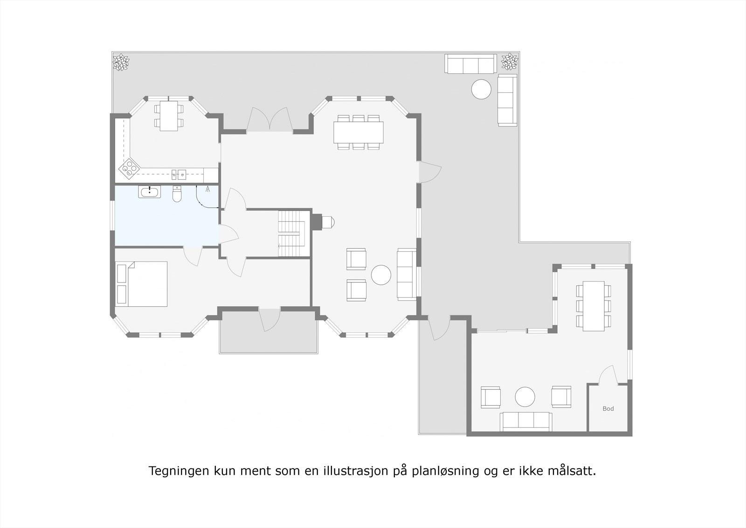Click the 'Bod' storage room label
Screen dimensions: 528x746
click(x=608, y=408)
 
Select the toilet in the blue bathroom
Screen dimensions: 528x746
click(x=177, y=195)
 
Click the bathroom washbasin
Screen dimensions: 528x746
click(x=149, y=191)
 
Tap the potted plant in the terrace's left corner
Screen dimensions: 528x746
click(x=121, y=62)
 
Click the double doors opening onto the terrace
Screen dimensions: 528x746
click(x=269, y=120)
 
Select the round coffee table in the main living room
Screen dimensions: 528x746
click(x=381, y=275)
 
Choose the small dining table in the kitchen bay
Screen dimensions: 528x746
click(x=168, y=116)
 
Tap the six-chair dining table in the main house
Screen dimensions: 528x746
click(x=358, y=132)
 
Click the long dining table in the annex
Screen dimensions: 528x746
click(x=593, y=306)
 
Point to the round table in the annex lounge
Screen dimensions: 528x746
click(x=525, y=397)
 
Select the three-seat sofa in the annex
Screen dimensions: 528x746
click(x=526, y=421)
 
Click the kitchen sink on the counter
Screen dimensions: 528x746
click(x=178, y=175)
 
